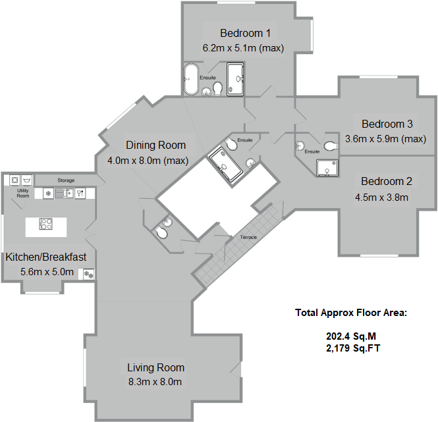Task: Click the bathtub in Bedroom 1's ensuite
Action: click(x=190, y=80)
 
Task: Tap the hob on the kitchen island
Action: click(x=46, y=224)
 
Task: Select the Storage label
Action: click(x=66, y=180)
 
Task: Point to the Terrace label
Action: click(x=248, y=237)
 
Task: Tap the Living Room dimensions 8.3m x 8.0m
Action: click(x=155, y=381)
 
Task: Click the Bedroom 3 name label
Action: click(x=387, y=124)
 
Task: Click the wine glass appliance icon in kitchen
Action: click(x=80, y=193)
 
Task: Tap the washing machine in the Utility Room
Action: click(x=14, y=180)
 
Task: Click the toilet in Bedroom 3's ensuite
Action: click(x=331, y=147)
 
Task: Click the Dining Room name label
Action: click(x=156, y=145)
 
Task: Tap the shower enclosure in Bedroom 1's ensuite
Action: click(x=235, y=80)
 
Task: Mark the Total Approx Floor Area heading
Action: click(x=351, y=313)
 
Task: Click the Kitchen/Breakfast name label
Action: click(x=46, y=257)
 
